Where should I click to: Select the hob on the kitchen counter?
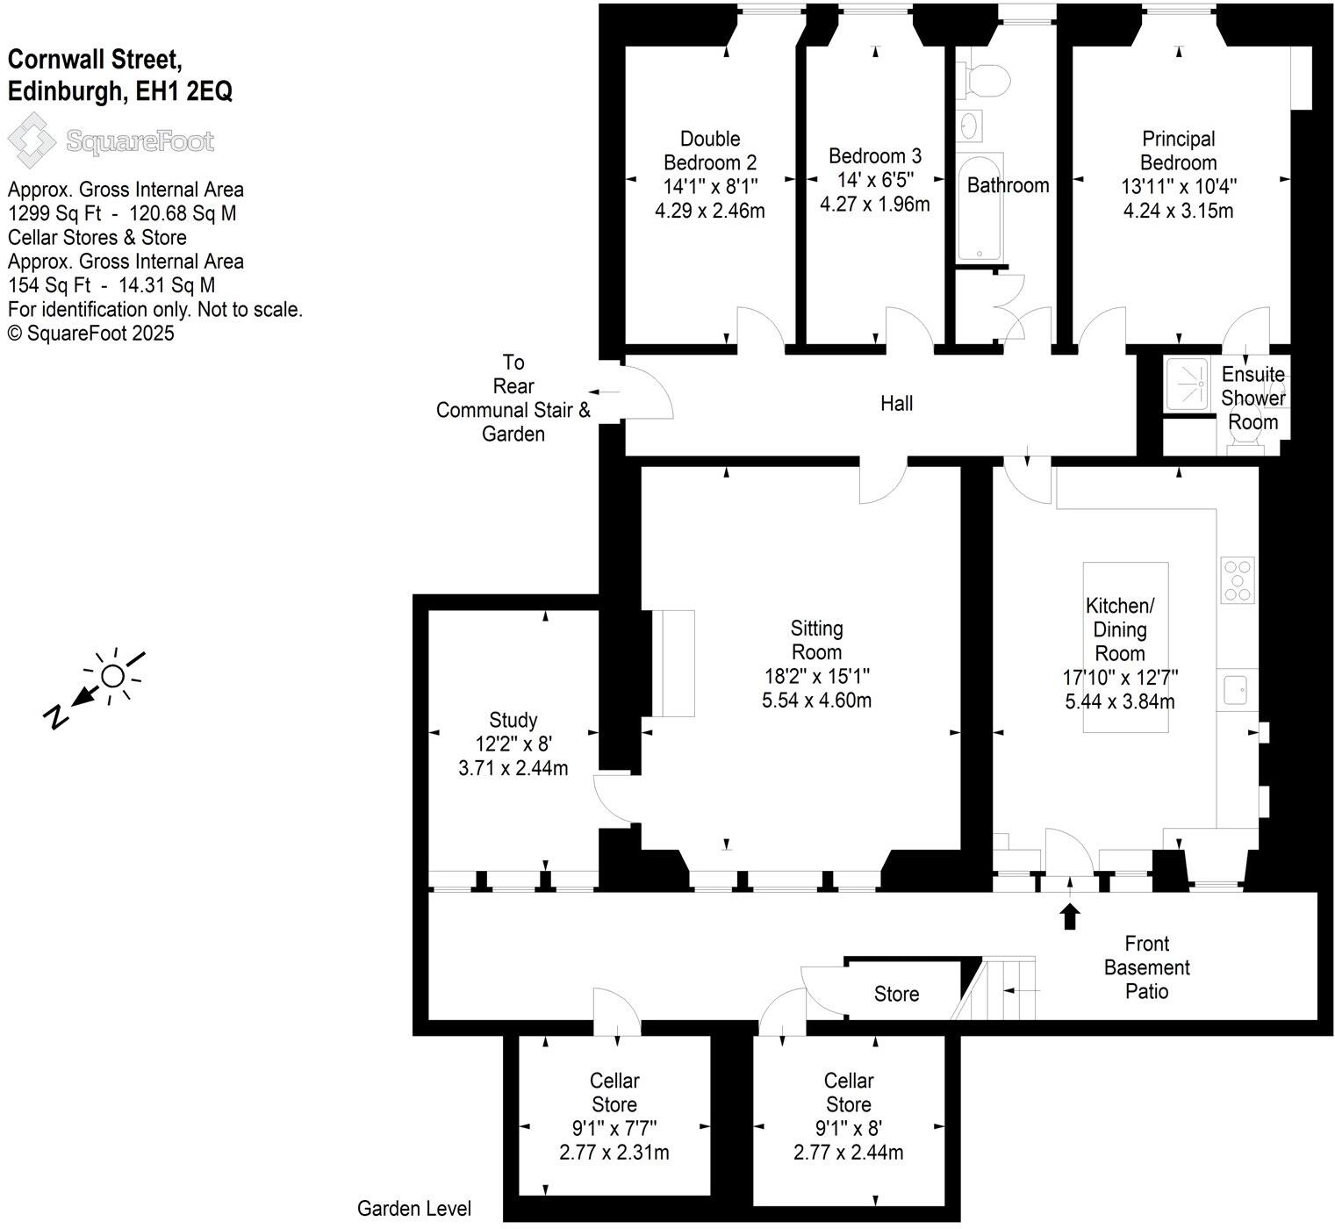tap(1238, 580)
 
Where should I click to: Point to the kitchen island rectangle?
tap(1125, 647)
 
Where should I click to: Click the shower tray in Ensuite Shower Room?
tap(1190, 384)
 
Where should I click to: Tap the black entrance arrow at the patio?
tap(1069, 916)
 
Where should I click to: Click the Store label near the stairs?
tap(896, 994)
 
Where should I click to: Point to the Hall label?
tap(896, 403)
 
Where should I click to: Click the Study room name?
tap(513, 721)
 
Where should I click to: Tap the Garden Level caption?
tap(413, 1209)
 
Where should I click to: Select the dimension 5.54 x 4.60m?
tap(816, 701)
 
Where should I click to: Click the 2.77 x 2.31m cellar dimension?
tap(614, 1153)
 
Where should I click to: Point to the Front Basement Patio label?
tap(1146, 967)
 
